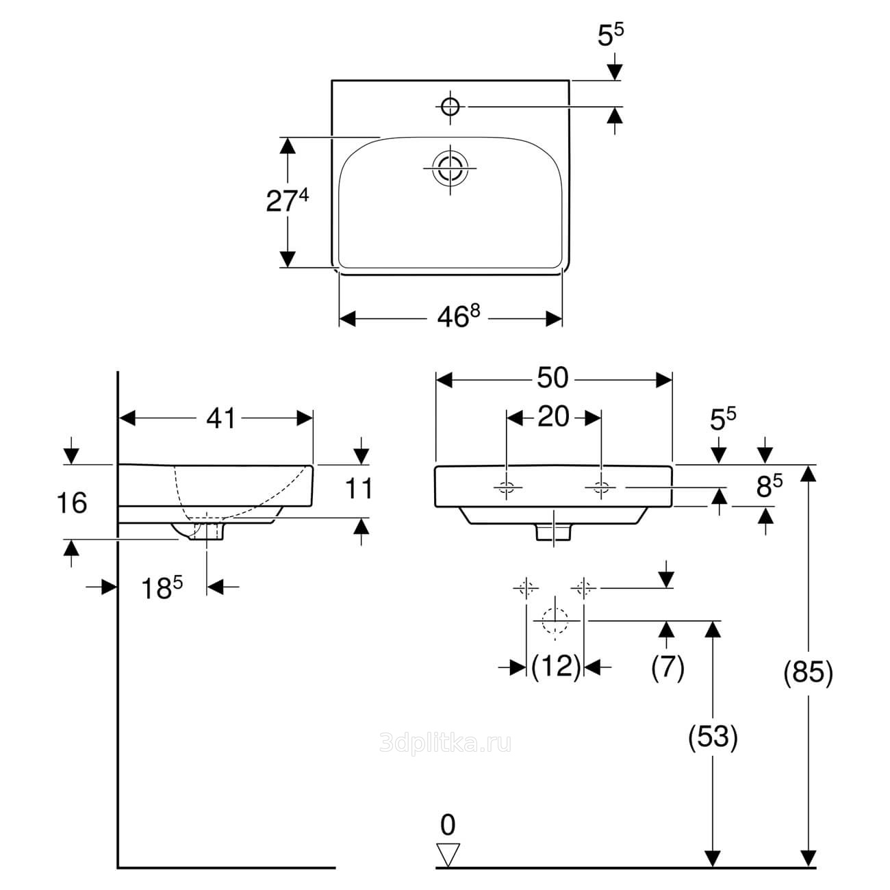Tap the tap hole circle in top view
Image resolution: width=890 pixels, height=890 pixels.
point(450,106)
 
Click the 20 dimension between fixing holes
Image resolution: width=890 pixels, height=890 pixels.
point(553,416)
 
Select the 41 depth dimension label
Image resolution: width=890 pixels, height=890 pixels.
point(220,418)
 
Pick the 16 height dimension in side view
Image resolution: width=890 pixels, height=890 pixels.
point(71,504)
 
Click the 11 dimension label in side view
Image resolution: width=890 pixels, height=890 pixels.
point(359,489)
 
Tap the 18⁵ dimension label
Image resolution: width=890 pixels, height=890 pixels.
point(162,587)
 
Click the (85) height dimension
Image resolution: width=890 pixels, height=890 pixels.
point(808,673)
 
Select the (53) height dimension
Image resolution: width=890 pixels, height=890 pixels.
point(713,737)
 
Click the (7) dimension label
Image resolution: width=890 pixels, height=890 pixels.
point(666,667)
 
